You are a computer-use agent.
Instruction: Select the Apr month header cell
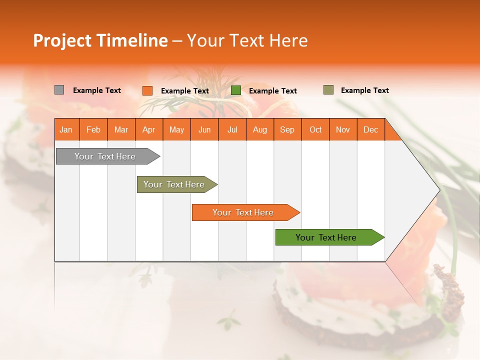[149, 129]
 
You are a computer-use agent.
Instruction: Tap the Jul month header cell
[232, 129]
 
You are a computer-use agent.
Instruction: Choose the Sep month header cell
[287, 129]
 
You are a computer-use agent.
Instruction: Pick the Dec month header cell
[370, 129]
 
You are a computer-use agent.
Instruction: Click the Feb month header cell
[93, 129]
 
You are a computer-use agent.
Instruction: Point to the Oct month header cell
[315, 129]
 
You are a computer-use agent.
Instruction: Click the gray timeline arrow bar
[105, 156]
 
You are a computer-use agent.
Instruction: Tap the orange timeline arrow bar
[243, 212]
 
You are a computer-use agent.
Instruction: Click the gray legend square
[59, 90]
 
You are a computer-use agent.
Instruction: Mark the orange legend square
[147, 90]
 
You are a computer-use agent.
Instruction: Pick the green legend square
[236, 90]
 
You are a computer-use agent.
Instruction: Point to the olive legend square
[328, 90]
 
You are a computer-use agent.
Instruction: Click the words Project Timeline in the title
[100, 40]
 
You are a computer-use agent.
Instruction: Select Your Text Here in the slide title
[247, 40]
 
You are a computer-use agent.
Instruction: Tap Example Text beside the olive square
[364, 90]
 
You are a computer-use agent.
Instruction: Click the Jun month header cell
[204, 129]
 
